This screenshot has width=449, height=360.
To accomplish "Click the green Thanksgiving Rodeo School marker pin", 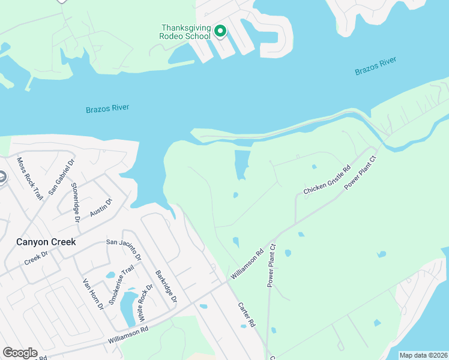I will point(220,31).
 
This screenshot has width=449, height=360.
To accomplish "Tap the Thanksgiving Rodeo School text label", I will point(185,32).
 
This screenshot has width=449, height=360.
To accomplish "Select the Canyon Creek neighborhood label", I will point(46,242).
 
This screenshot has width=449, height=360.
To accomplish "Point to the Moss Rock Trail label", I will point(30,178).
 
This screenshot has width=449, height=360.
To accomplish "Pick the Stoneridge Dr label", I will point(76,202).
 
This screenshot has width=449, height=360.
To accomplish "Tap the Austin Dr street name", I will point(101,208).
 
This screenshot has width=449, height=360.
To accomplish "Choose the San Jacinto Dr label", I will point(124,249).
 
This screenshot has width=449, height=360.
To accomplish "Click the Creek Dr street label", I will point(35,259).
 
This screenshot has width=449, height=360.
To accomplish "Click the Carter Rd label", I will point(247,314).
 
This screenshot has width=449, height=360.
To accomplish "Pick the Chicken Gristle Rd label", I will point(327,181).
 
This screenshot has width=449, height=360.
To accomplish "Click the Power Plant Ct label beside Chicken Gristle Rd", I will point(360,173).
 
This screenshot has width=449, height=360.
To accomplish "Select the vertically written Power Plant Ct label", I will point(272,265).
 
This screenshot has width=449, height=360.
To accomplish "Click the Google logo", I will point(20,353).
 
